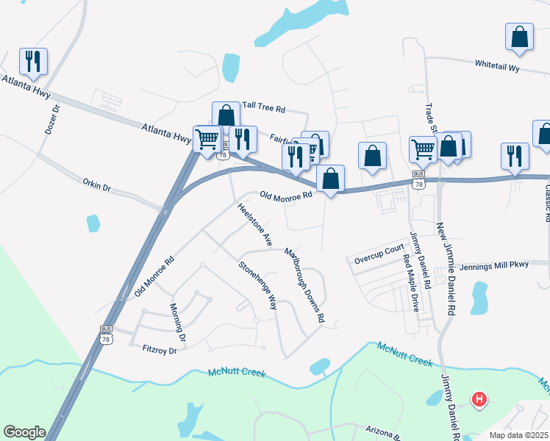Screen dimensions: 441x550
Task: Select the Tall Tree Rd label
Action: [x=263, y=108]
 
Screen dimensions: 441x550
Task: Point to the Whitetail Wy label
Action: [x=497, y=67]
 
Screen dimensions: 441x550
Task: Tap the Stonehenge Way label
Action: [x=257, y=286]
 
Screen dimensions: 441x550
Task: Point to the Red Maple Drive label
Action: [x=410, y=282]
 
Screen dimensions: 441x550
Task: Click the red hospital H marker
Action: [x=479, y=400]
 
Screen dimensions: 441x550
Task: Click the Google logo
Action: [x=24, y=432]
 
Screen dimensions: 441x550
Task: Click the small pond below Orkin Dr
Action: [x=93, y=223]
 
